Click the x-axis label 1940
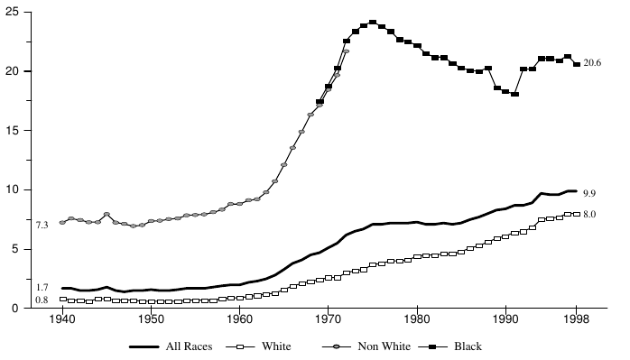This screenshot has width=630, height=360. pos(62,318)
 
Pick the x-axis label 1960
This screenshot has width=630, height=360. pos(239,318)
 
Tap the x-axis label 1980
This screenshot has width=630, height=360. pos(416,318)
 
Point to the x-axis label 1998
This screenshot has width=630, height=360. pos(576,318)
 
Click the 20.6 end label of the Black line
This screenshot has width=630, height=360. pos(593,64)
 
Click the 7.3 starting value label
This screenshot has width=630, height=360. pos(42,224)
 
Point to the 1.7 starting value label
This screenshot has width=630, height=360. pos(42,288)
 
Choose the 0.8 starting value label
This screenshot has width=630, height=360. pos(42,300)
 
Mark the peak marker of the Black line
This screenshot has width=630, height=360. pos(372,23)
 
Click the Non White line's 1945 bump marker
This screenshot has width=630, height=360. pos(107,215)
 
